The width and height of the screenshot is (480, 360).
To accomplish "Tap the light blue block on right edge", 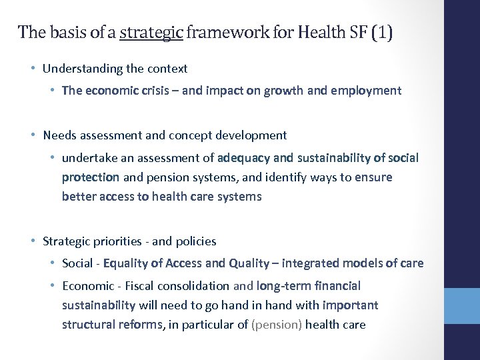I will point(462,306).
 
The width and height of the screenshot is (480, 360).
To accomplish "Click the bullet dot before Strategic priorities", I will point(33,241).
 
